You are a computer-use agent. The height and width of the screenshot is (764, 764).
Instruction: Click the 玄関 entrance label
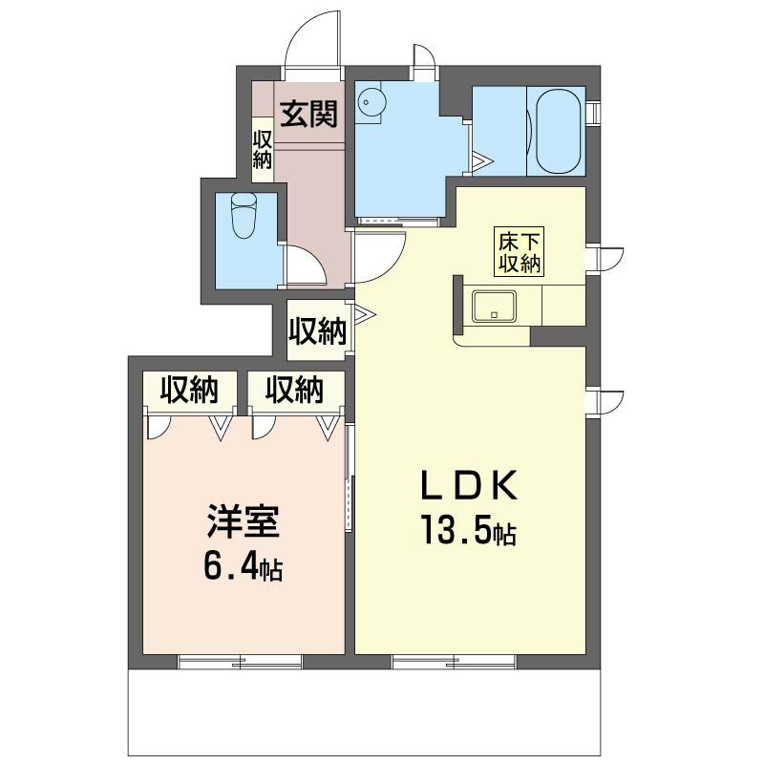(x=308, y=114)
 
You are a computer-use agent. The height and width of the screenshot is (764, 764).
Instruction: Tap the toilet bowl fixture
(x=244, y=216)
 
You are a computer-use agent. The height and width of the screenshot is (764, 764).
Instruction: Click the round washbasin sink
(x=371, y=102)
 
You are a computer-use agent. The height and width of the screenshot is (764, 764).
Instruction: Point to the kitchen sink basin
(x=494, y=306)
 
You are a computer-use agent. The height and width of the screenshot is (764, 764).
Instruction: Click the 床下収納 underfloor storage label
(x=519, y=252)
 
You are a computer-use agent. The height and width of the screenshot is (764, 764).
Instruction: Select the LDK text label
(x=468, y=486)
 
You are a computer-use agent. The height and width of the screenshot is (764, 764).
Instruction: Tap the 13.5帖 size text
(x=468, y=530)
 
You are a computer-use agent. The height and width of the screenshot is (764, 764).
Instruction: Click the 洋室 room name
(x=244, y=520)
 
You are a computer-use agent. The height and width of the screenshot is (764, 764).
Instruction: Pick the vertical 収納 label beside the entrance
(x=262, y=149)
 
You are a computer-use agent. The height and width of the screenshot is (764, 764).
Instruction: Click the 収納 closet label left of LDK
(x=318, y=331)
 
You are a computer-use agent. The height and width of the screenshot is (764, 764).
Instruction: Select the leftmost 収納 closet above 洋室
(x=189, y=391)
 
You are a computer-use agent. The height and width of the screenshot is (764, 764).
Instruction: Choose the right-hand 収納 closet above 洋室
(x=294, y=391)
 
